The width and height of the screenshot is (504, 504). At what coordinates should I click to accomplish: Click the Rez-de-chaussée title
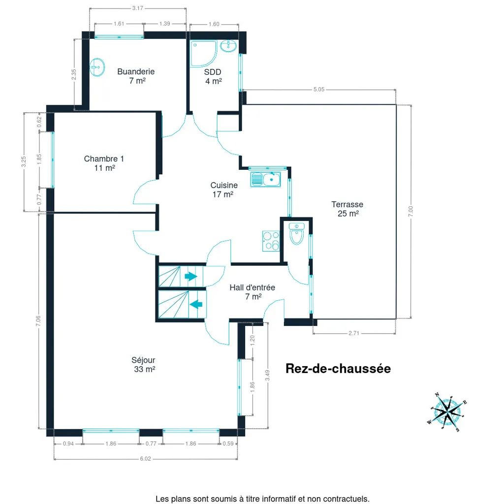point(338,368)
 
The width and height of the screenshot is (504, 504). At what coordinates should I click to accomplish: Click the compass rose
point(447,411)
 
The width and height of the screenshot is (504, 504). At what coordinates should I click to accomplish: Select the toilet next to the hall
point(296,233)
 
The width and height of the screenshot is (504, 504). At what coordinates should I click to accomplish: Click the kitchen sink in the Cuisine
point(265,179)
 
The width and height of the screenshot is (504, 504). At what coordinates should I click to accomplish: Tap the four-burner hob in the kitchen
point(271,241)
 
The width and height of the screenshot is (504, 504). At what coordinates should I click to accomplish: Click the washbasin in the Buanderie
point(97,67)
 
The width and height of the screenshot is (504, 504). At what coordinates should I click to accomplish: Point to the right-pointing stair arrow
point(190,276)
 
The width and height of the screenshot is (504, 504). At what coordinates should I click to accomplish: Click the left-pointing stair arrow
point(196,304)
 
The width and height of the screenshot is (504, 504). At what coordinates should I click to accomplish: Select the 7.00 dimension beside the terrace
point(411,211)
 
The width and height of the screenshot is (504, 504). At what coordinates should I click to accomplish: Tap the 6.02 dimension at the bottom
point(145,459)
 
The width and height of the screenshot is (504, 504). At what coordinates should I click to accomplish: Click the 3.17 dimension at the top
point(138,8)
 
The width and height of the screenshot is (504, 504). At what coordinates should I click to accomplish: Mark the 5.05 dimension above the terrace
point(319,90)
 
